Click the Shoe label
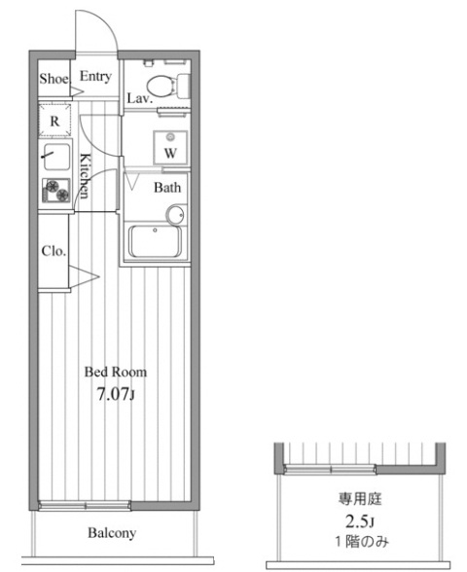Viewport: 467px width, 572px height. point(54,79)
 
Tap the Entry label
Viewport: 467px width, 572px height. point(95,77)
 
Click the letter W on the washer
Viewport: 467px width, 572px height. point(170,153)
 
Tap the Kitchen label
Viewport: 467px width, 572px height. point(87,176)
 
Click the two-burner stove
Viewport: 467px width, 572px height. point(55,192)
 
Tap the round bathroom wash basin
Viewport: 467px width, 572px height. point(176,213)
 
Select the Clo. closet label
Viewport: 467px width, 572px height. point(54,250)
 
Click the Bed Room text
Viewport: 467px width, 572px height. point(115,372)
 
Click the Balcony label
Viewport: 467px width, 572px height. point(112,533)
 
